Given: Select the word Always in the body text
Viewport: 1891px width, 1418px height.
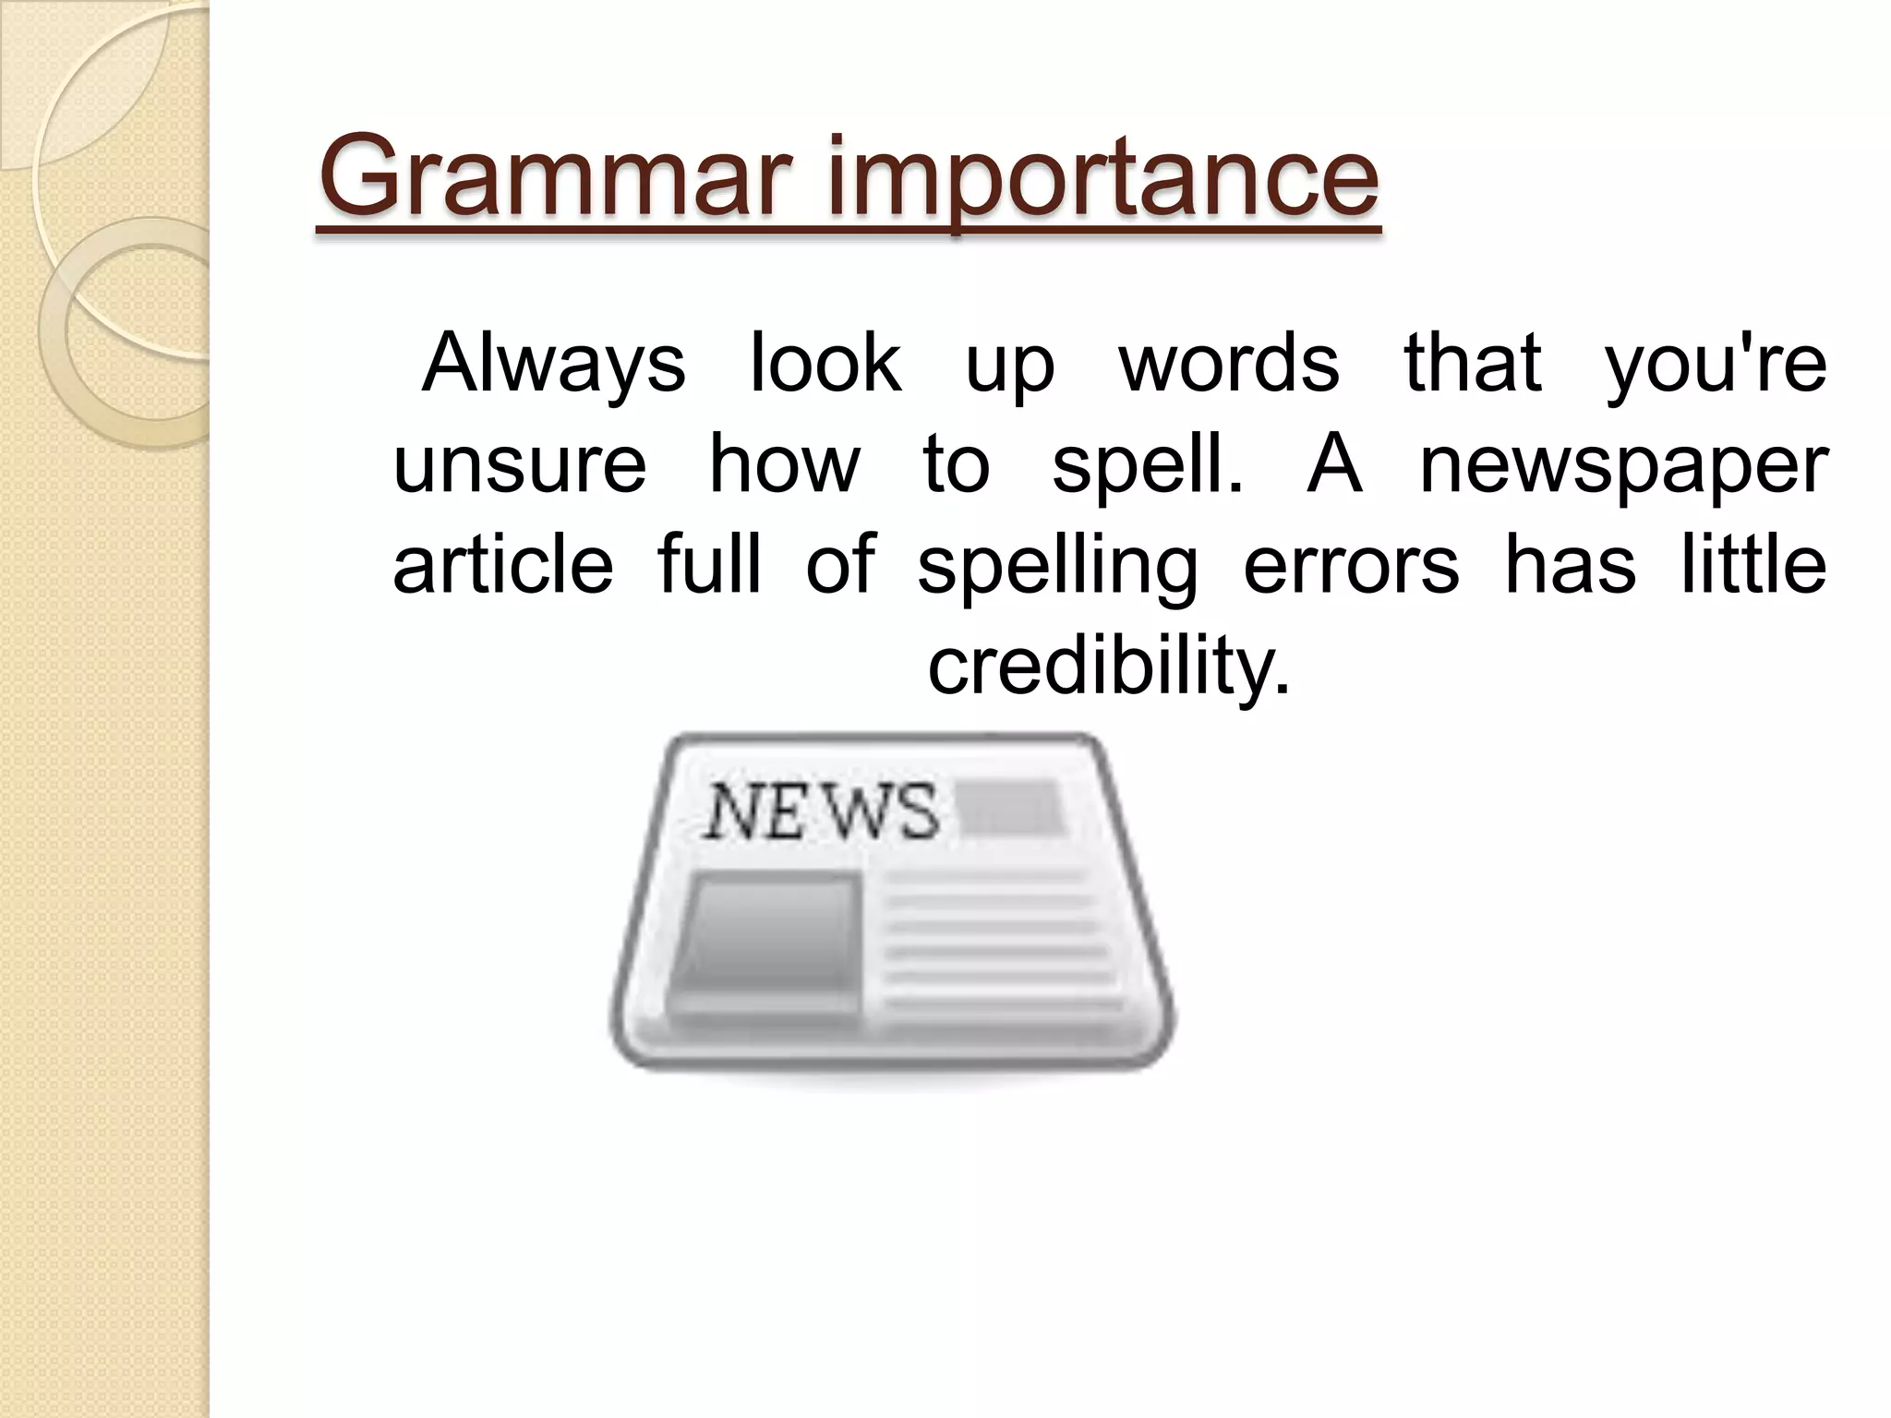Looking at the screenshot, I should tap(553, 365).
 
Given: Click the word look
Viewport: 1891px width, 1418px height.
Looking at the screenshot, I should tap(825, 363).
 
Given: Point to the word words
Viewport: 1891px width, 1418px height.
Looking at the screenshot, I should tap(1229, 363).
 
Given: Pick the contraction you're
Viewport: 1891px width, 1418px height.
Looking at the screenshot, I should tap(1716, 365).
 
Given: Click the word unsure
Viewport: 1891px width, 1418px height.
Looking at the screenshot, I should tap(520, 463).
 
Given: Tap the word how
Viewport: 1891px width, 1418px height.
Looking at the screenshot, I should tap(784, 463).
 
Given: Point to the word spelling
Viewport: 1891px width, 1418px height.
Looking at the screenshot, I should tap(1058, 567).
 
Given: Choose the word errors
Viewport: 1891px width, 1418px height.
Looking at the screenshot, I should tap(1351, 565).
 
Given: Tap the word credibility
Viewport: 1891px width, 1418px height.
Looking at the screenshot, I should tap(1108, 667).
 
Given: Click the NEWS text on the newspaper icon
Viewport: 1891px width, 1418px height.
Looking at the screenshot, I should tap(821, 811).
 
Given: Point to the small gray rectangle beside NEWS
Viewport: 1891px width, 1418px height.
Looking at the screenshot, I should tap(1011, 807).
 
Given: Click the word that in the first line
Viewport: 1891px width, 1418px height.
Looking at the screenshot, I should tap(1472, 363).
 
